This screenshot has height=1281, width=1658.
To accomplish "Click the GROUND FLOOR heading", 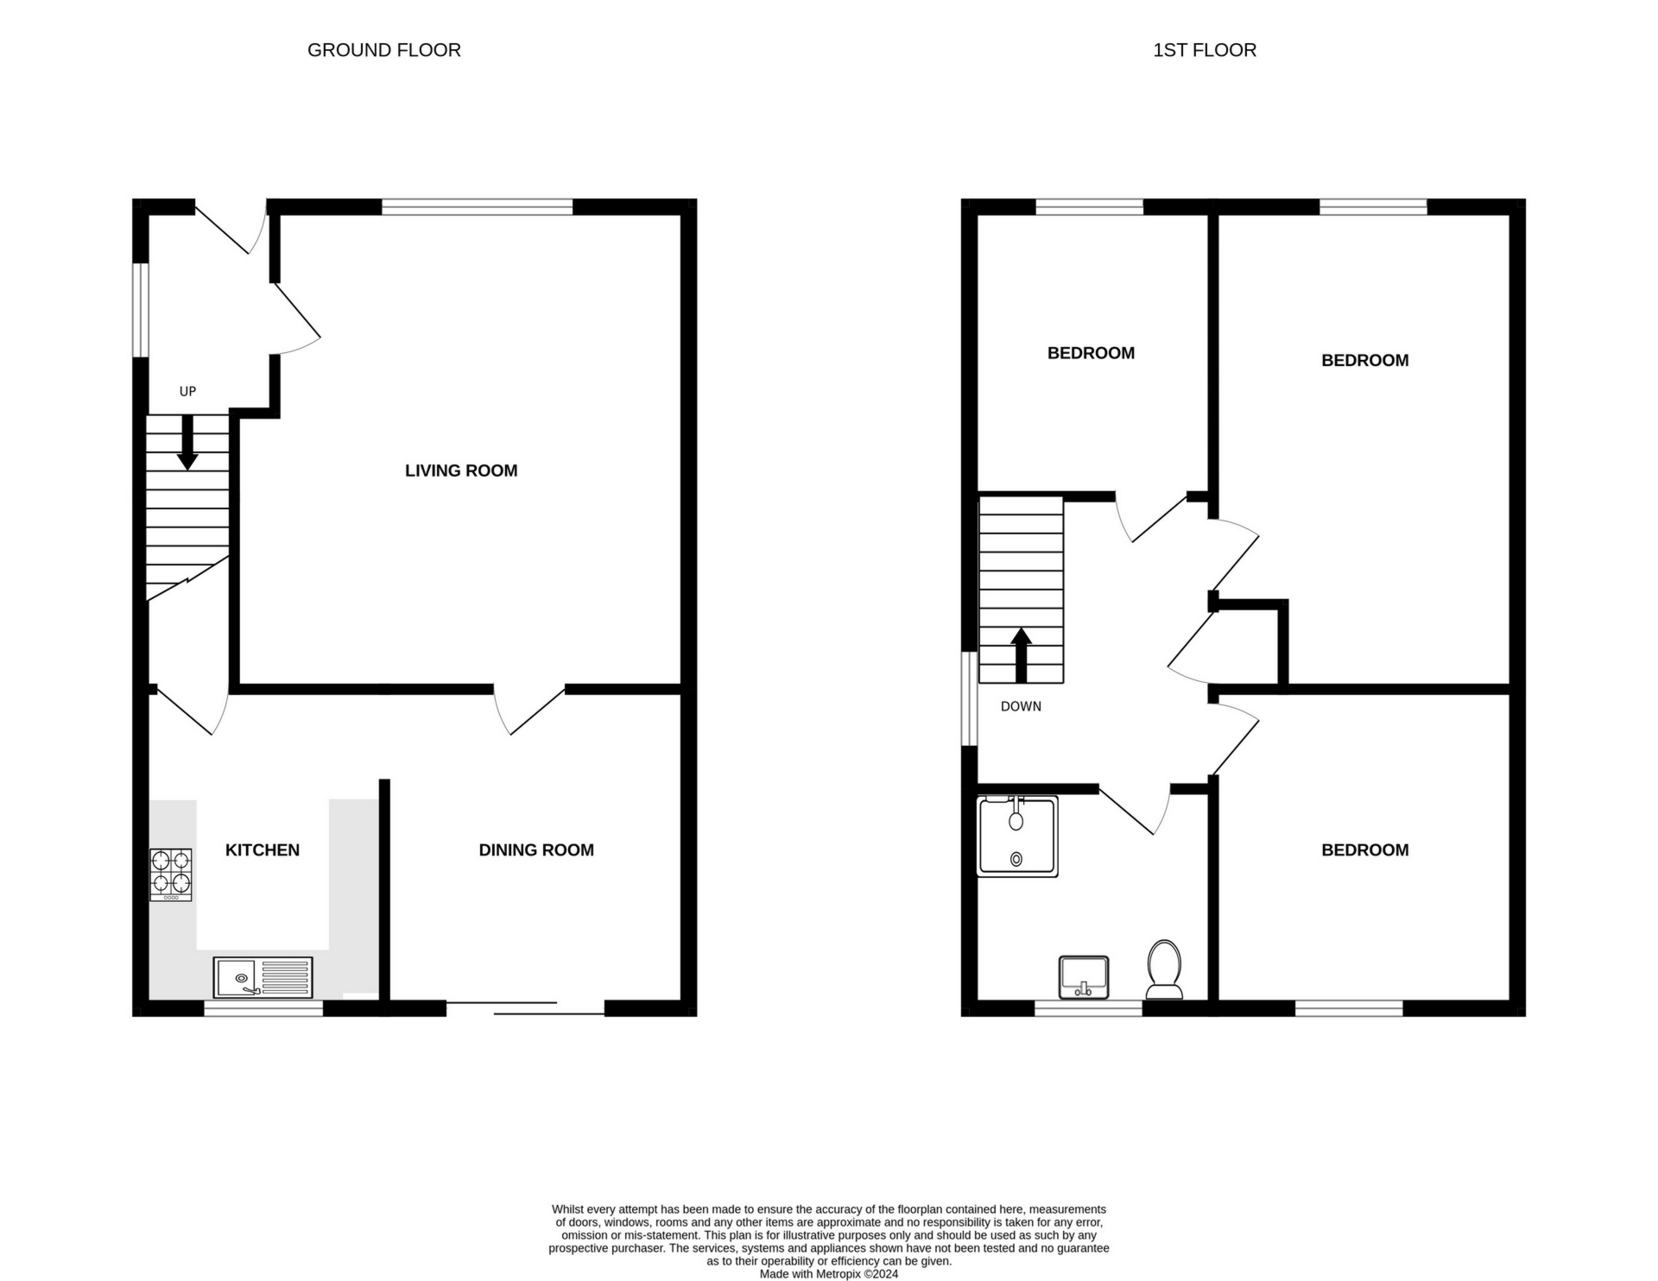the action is tap(384, 50).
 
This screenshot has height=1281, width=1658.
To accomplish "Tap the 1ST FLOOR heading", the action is tap(1205, 50).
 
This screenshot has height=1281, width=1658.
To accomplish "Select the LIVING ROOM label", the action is tap(461, 470).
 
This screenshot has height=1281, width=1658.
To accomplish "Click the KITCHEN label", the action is tap(263, 850).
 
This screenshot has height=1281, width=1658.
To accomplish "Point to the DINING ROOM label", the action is tap(536, 850).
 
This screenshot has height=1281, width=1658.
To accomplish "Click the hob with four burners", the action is tap(171, 874).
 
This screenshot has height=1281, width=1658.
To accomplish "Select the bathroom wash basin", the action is tap(1084, 977).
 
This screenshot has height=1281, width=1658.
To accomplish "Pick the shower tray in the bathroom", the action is tap(1017, 836).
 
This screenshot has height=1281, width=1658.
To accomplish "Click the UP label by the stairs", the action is tap(187, 392).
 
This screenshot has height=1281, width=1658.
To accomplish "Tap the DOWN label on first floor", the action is tap(1021, 706).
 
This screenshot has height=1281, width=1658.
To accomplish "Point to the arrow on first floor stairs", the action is tap(1022, 655).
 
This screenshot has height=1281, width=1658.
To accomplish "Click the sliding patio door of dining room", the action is tap(525, 1007).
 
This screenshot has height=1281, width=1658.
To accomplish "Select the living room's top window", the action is tap(477, 207).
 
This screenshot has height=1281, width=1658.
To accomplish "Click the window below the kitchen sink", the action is tap(263, 1007).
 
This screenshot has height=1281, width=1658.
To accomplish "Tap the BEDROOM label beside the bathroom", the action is tap(1364, 850).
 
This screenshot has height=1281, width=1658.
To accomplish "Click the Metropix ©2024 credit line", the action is tap(829, 1274).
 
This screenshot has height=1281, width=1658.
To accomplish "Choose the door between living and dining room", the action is tap(528, 710).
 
